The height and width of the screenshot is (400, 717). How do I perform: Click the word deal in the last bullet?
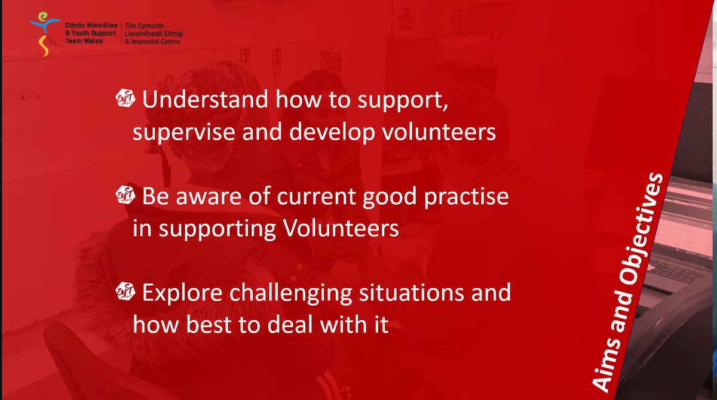(x=314, y=327)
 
